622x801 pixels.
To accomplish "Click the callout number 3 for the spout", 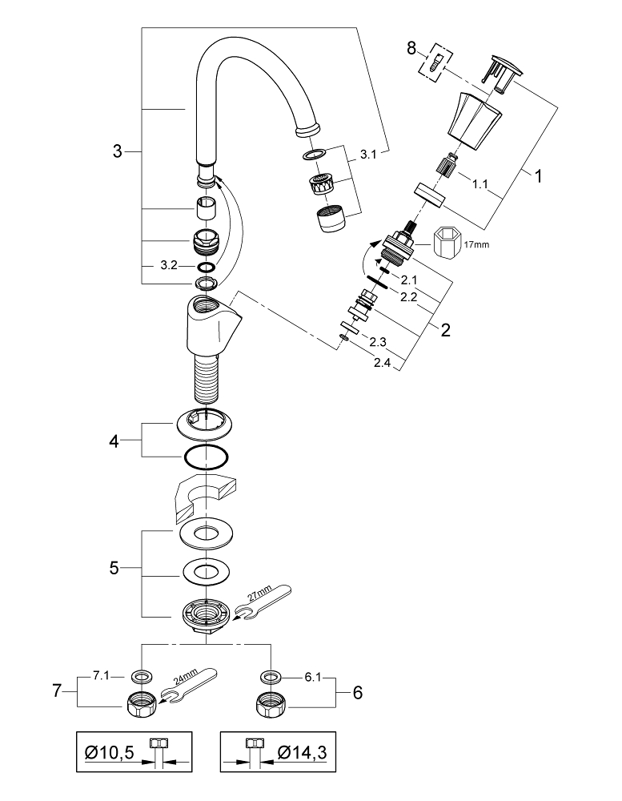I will click(x=117, y=151).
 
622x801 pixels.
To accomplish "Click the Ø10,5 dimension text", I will click(x=110, y=753).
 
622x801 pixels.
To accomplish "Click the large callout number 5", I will click(x=114, y=568).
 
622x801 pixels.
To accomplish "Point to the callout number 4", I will click(x=114, y=441).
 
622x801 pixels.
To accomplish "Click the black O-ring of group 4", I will click(x=204, y=458).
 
